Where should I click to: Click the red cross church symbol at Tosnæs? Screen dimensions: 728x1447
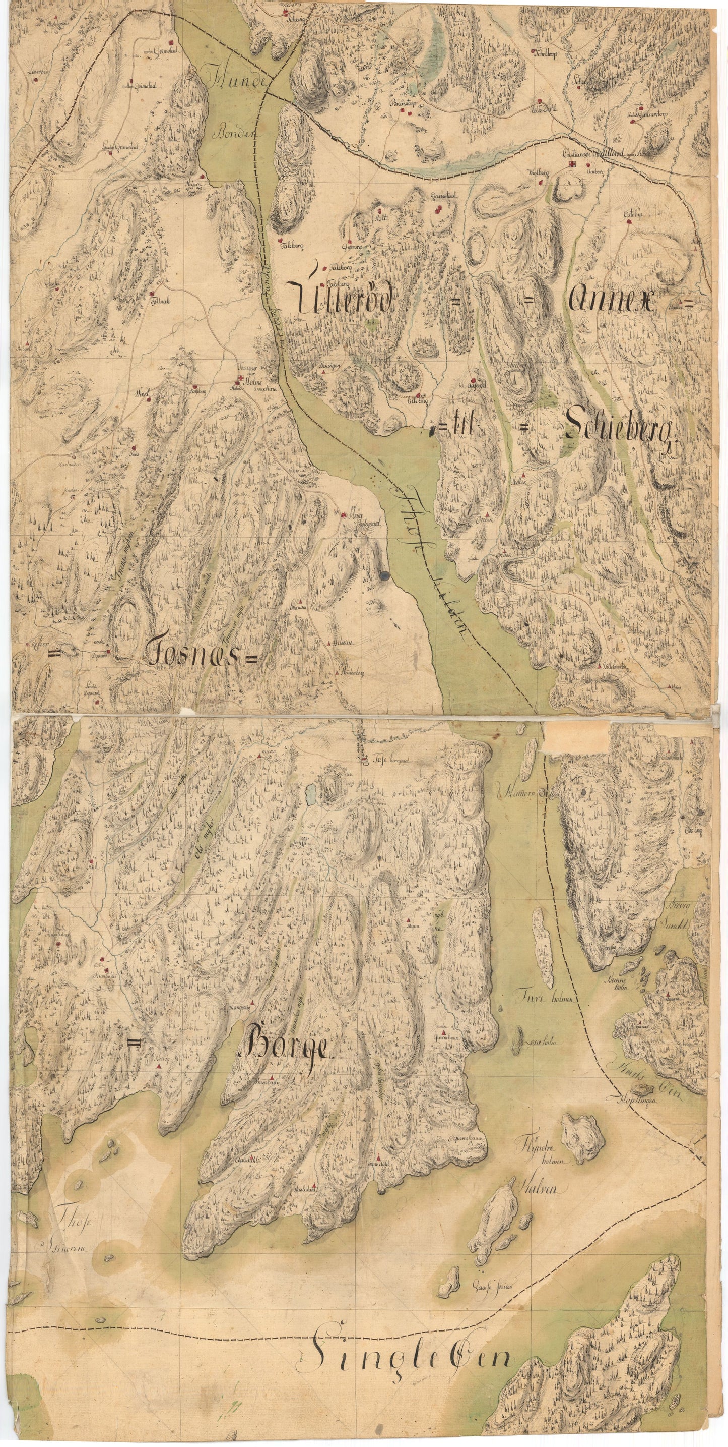point(241,379)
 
